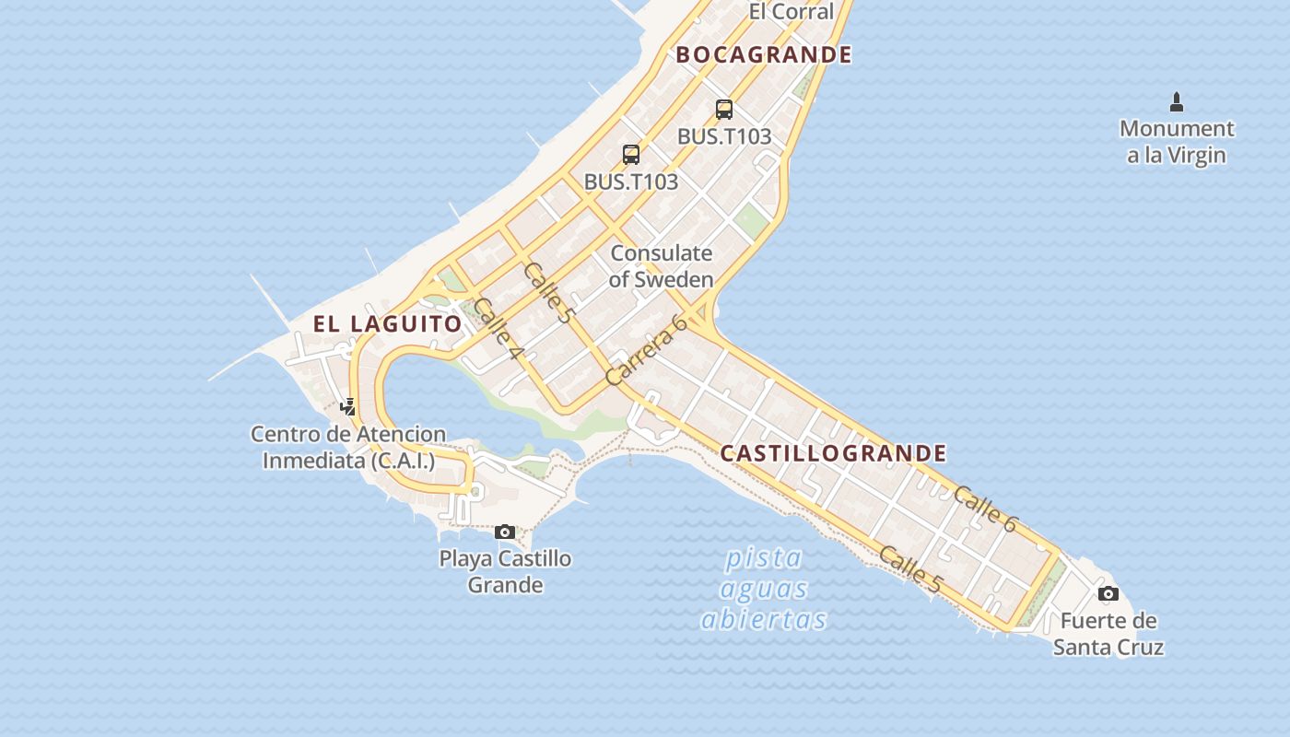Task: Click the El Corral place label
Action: (791, 11)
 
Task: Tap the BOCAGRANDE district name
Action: (764, 54)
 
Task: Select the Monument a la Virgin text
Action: (1177, 141)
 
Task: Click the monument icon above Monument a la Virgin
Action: (1177, 101)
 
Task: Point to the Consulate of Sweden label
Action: (661, 265)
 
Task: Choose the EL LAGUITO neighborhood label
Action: (387, 324)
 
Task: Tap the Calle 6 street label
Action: (984, 509)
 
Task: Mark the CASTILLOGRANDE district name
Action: (833, 453)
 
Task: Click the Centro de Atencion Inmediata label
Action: (348, 447)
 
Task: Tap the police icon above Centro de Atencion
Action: (348, 406)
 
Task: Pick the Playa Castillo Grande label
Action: (505, 571)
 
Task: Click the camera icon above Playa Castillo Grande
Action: (505, 532)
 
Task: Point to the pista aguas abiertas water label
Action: (764, 589)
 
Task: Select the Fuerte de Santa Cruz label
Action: (1108, 633)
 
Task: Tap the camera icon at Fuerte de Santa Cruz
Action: (1108, 593)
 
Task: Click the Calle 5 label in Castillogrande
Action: (910, 569)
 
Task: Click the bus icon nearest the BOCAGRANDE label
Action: (724, 110)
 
